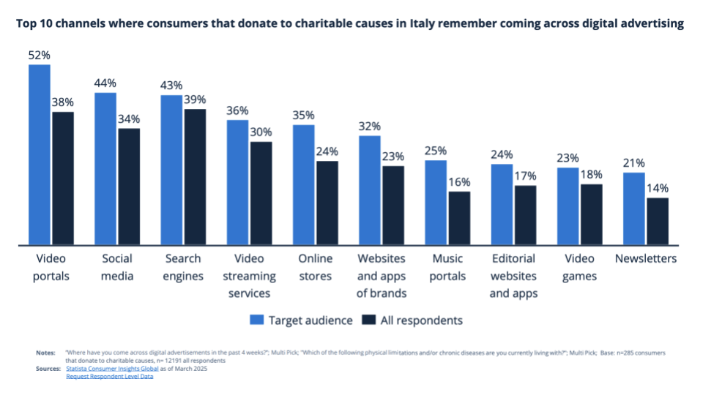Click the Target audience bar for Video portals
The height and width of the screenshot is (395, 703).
coord(40,155)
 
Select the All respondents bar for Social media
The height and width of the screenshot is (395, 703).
coord(129,187)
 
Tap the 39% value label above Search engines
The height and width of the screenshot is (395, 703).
coord(196,99)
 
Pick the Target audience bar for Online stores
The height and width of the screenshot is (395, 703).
coord(304,185)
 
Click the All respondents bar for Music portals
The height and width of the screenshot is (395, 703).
coord(459,218)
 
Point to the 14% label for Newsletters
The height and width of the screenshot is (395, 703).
coord(658,188)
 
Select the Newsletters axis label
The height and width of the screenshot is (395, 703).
coord(646,259)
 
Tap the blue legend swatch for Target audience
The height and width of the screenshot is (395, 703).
coord(257,320)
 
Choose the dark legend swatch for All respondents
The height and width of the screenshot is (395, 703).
coord(369,320)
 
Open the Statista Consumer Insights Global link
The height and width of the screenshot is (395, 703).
coord(118,369)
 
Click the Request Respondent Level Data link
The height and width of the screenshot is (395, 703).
coord(109,377)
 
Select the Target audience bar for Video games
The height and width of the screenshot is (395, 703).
coord(568,206)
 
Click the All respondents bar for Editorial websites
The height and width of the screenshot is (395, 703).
coord(525,215)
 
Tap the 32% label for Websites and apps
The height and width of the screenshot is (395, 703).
coord(370,125)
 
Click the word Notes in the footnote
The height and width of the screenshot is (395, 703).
coord(45,353)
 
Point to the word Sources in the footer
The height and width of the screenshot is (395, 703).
coord(48,369)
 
